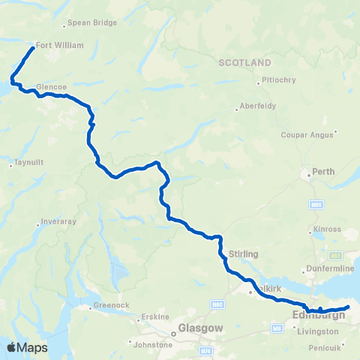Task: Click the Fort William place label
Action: (x=59, y=45)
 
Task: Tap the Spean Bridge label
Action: (x=92, y=22)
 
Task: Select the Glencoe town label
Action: (x=52, y=86)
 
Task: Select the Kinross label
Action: (x=327, y=229)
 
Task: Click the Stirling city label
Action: (x=244, y=254)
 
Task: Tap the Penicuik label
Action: (x=328, y=349)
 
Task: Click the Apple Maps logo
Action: (x=27, y=347)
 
